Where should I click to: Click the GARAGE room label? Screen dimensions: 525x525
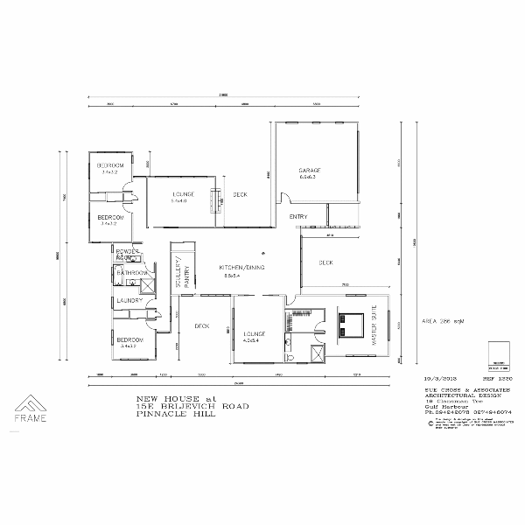tap(311, 170)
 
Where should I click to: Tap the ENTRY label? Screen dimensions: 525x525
tap(297, 216)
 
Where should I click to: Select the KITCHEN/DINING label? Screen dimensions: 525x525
tap(241, 266)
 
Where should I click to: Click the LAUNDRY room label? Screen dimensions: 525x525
tap(129, 301)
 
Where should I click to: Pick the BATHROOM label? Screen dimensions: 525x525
tap(132, 272)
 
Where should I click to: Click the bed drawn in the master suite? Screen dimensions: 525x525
tap(352, 326)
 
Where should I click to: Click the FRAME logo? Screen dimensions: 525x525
tap(30, 408)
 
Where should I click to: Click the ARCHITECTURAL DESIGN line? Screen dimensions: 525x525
tap(447, 393)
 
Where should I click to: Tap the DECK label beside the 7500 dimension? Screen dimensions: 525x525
tap(325, 262)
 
